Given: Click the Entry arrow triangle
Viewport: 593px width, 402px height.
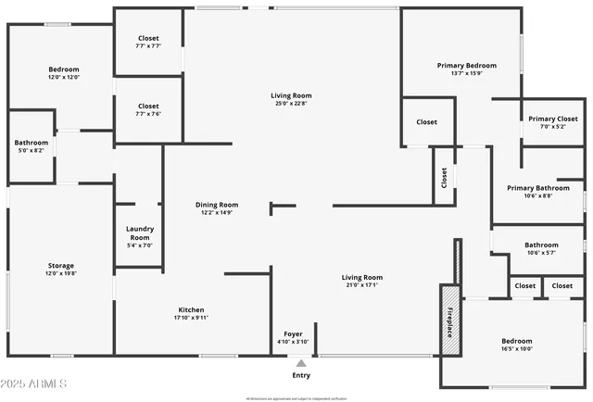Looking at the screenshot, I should (300, 363).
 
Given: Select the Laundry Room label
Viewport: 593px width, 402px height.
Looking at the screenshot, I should (139, 232).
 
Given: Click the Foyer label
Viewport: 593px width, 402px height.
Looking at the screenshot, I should (293, 333).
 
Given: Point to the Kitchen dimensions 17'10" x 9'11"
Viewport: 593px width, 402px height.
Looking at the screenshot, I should (192, 318).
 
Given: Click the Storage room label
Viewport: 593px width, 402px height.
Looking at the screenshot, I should (61, 266).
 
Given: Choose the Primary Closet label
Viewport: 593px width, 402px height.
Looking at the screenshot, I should (553, 119).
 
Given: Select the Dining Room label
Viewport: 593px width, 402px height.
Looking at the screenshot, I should (217, 205).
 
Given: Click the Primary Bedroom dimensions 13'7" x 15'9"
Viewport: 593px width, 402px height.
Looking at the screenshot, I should (467, 73).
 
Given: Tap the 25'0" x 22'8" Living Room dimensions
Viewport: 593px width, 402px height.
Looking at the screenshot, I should (291, 103).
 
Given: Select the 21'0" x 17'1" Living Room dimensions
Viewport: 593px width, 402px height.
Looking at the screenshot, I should (361, 284).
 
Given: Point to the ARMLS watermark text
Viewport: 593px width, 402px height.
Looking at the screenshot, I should (36, 383).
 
